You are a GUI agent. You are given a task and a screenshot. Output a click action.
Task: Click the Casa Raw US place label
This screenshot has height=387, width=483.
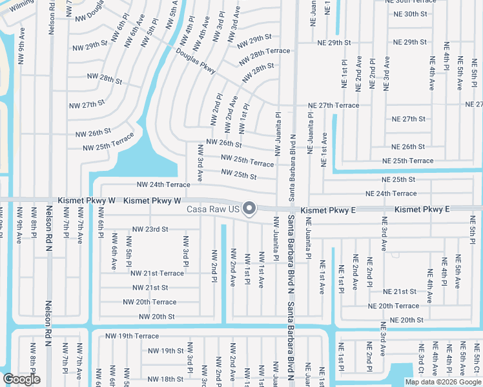click(213, 209)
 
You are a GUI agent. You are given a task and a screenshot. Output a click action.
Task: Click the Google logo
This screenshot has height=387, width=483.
click(21, 379)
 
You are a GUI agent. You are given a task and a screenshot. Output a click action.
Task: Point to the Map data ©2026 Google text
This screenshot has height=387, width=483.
click(443, 382)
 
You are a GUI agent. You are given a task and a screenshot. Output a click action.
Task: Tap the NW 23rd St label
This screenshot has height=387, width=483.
click(150, 229)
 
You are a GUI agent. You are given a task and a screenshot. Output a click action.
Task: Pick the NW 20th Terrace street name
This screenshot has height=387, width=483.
click(149, 302)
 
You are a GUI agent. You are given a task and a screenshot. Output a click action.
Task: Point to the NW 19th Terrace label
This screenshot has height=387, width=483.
click(132, 336)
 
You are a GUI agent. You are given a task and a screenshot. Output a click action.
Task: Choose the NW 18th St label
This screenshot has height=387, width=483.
click(162, 379)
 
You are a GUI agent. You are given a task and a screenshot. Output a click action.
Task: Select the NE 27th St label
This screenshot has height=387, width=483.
click(409, 119)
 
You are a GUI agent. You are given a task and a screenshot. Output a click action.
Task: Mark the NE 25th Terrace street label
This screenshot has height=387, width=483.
click(407, 161)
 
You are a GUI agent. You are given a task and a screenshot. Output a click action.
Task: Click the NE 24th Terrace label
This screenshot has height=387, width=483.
click(391, 193)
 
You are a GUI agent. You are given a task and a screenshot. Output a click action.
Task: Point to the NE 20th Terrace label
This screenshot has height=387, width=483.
click(393, 306)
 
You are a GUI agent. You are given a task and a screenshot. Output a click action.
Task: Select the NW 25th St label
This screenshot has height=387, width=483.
click(239, 174)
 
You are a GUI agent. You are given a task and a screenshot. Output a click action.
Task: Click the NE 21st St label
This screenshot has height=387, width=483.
click(400, 292)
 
